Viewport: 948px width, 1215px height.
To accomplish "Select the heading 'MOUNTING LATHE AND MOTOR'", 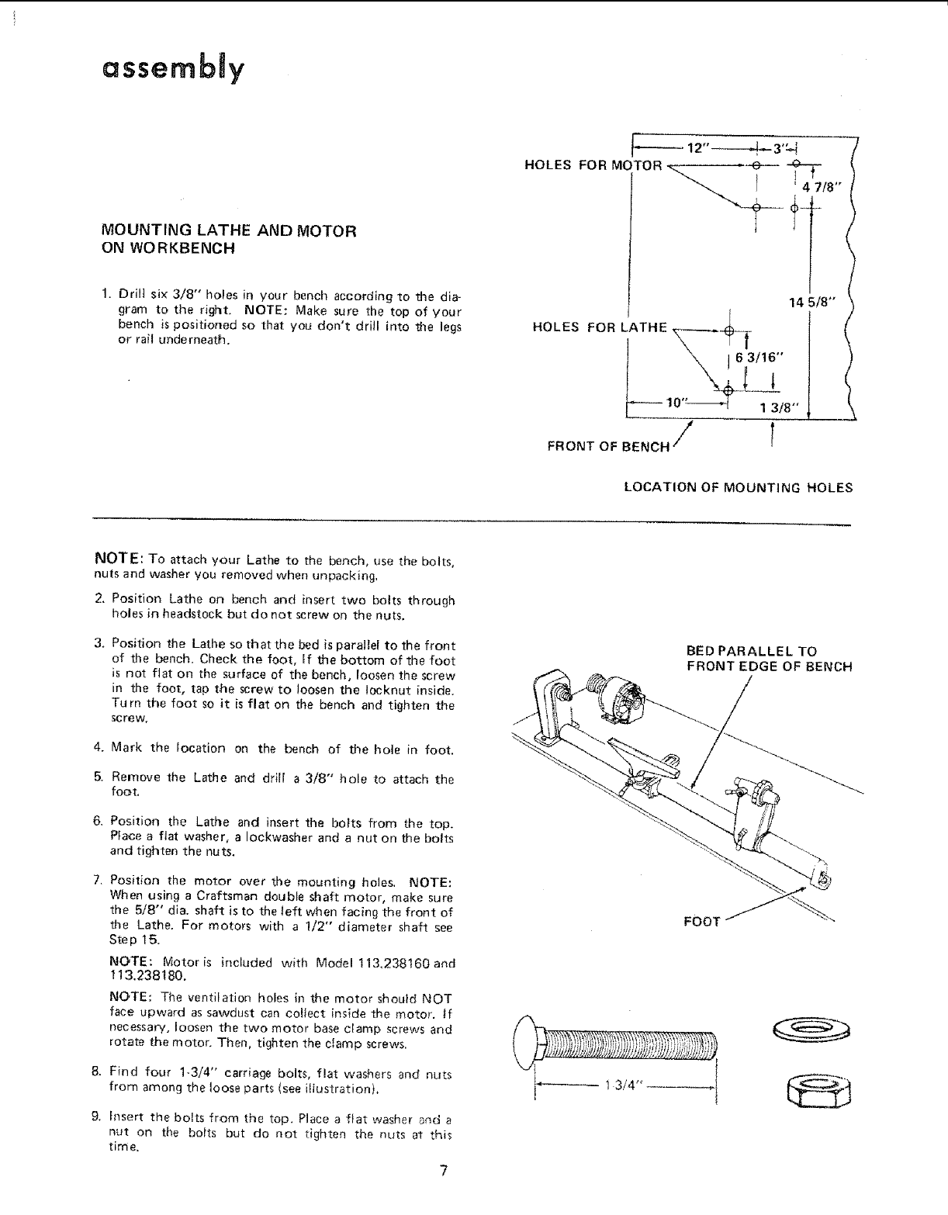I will [x=229, y=230].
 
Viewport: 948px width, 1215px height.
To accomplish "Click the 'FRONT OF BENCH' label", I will [x=608, y=446].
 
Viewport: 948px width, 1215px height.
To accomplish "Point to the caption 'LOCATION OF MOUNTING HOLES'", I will [x=738, y=488].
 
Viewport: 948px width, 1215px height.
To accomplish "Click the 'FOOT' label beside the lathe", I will [x=702, y=922].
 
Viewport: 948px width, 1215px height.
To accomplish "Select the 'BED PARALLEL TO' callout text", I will [x=751, y=651].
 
